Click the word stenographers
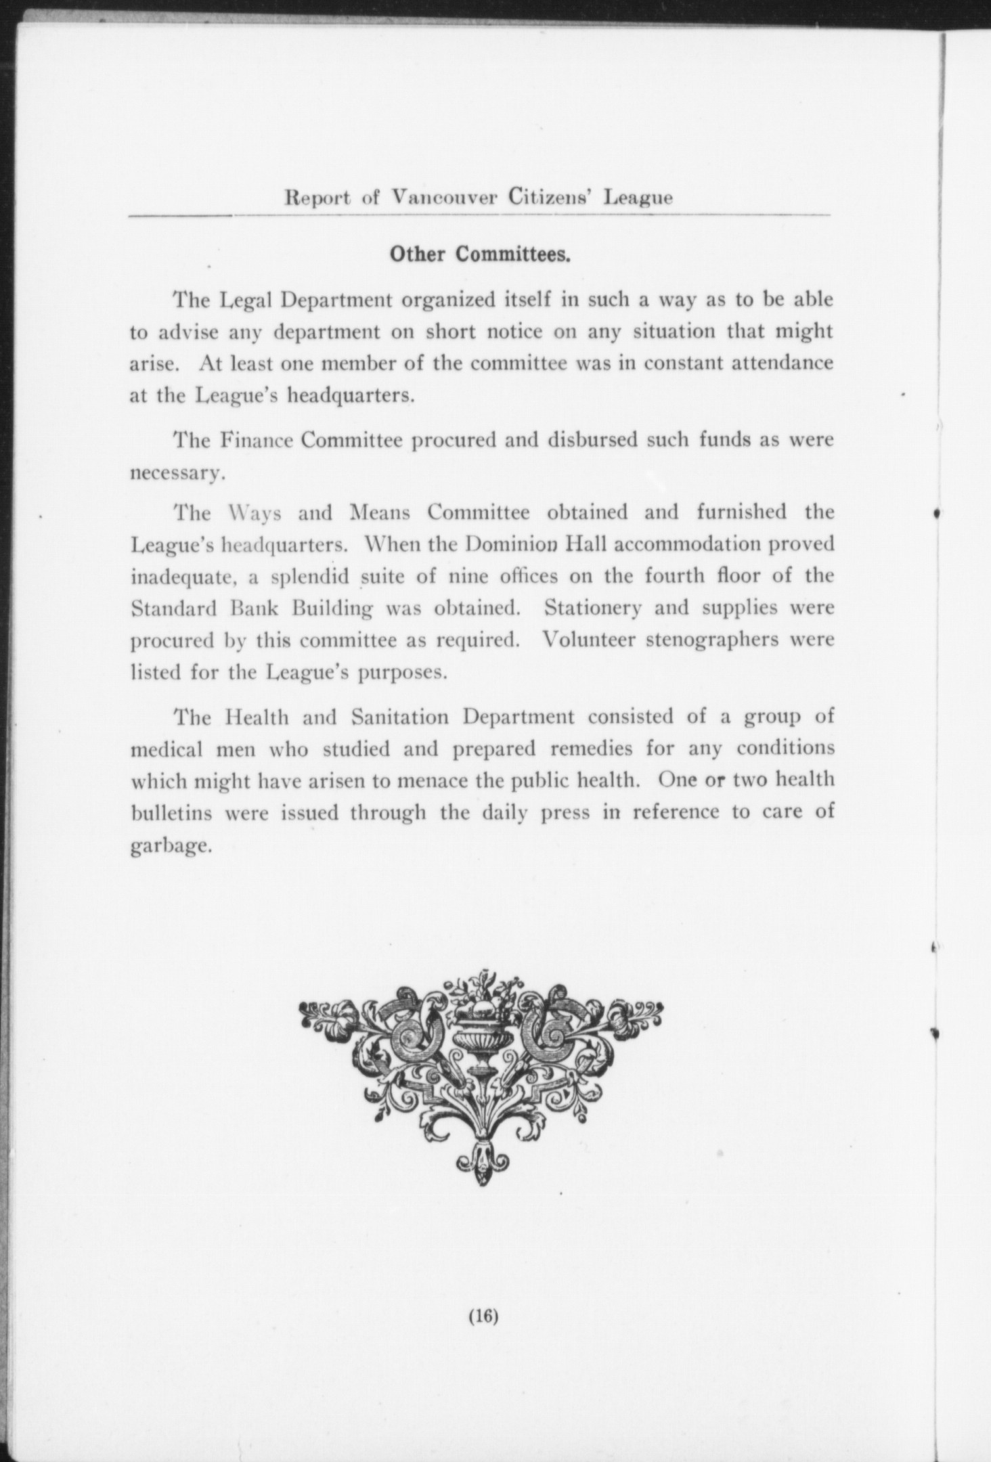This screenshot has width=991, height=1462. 712,640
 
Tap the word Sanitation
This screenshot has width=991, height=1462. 402,717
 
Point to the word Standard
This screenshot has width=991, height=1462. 173,608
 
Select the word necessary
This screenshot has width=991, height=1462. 176,474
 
